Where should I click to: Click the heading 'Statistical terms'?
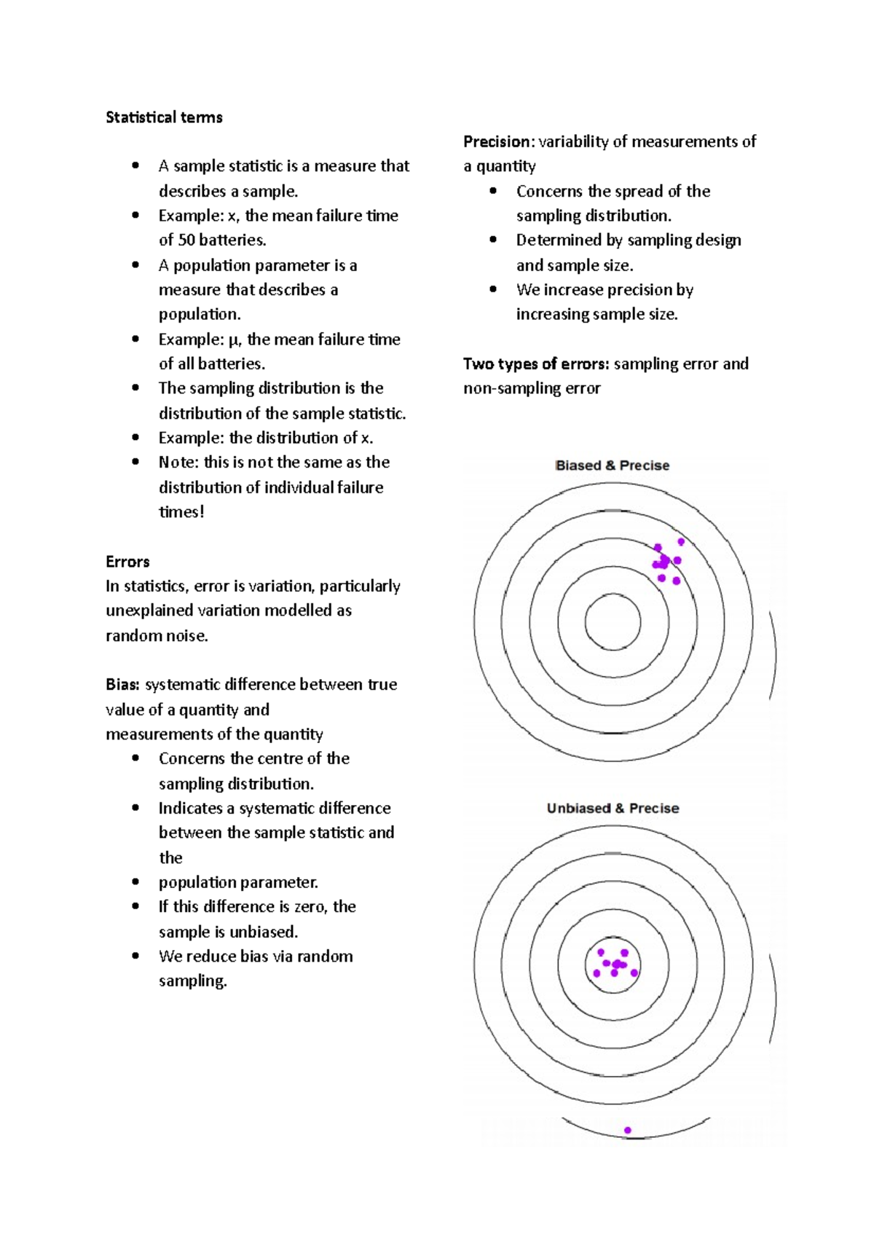point(164,117)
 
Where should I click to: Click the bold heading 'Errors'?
point(127,562)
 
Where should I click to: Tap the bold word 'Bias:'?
point(122,685)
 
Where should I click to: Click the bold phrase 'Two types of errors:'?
point(536,364)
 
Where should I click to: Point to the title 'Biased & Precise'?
point(612,466)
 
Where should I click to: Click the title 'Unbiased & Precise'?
point(613,808)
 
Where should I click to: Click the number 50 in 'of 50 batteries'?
point(186,240)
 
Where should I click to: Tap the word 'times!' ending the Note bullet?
point(181,512)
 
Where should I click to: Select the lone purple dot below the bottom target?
point(628,1131)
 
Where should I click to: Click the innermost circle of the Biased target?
point(613,622)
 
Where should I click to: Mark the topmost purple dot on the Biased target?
point(681,542)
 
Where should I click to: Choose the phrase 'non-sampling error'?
point(532,388)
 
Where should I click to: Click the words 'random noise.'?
point(157,636)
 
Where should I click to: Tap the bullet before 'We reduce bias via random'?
point(135,956)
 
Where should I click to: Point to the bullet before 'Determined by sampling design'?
point(493,240)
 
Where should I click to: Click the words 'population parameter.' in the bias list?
point(238,882)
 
